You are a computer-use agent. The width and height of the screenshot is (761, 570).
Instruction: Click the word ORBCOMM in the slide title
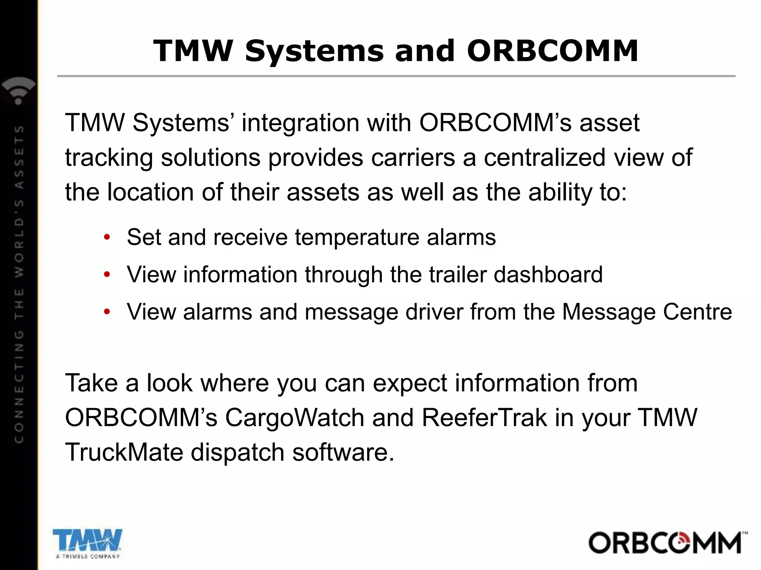pyautogui.click(x=553, y=51)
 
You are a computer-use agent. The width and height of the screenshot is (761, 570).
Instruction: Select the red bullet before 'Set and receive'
pyautogui.click(x=107, y=237)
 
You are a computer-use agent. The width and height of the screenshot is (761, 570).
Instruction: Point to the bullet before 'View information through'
pyautogui.click(x=107, y=275)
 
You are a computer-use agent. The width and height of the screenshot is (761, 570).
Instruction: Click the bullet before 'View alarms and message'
pyautogui.click(x=107, y=312)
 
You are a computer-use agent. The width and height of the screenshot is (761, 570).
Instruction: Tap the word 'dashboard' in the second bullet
pyautogui.click(x=548, y=275)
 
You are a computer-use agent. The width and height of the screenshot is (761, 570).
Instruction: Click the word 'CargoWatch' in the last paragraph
pyautogui.click(x=295, y=418)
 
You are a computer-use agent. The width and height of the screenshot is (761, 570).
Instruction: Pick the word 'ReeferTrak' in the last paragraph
pyautogui.click(x=484, y=418)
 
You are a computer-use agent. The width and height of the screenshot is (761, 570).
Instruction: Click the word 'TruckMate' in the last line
pyautogui.click(x=124, y=452)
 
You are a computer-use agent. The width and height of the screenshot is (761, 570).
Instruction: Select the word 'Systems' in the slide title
pyautogui.click(x=314, y=51)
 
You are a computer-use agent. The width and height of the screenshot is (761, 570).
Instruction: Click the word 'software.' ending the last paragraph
pyautogui.click(x=343, y=452)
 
